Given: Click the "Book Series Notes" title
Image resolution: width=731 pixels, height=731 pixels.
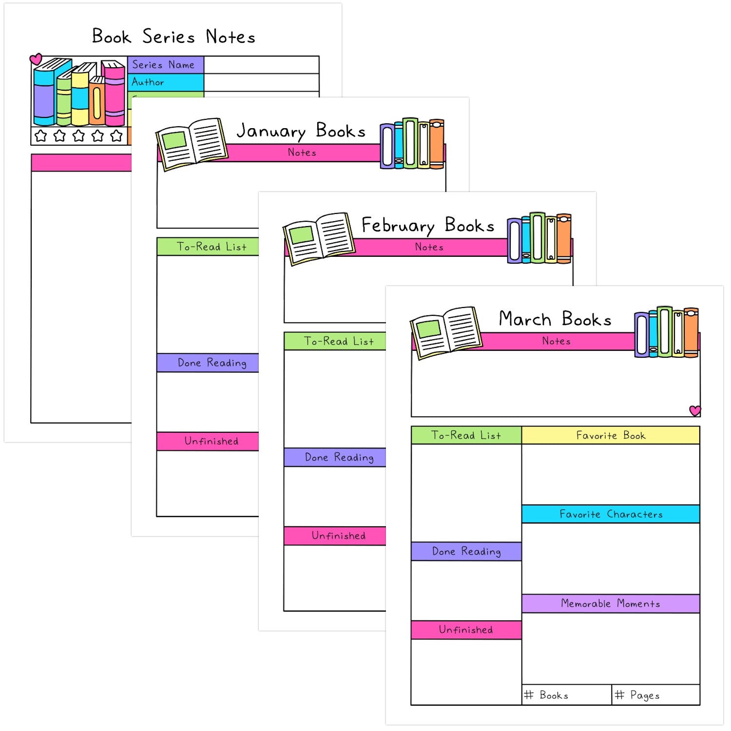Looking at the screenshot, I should (173, 37).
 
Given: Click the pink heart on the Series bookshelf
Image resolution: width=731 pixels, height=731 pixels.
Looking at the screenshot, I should (36, 59).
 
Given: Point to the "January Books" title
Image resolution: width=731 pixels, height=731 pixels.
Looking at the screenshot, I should (301, 131).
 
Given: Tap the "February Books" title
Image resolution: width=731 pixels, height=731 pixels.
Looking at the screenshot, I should (427, 226).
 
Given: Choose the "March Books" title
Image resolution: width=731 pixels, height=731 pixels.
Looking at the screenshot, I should (555, 320).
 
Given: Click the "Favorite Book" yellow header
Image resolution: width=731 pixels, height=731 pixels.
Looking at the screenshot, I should (611, 436).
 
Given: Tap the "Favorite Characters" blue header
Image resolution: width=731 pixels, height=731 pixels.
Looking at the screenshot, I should (611, 514).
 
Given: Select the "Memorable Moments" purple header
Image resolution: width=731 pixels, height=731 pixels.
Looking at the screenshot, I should (611, 604).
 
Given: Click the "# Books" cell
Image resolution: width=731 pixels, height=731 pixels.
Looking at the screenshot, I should (566, 695).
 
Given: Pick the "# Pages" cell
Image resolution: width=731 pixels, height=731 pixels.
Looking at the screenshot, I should (655, 695).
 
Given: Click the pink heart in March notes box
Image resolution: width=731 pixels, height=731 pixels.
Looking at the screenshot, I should (695, 410).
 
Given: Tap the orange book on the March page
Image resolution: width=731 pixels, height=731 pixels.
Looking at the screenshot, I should (691, 332).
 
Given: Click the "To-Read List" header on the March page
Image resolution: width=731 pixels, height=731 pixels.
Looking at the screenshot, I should (466, 436).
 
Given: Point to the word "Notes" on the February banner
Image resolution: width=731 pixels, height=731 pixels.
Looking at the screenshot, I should (429, 248).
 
